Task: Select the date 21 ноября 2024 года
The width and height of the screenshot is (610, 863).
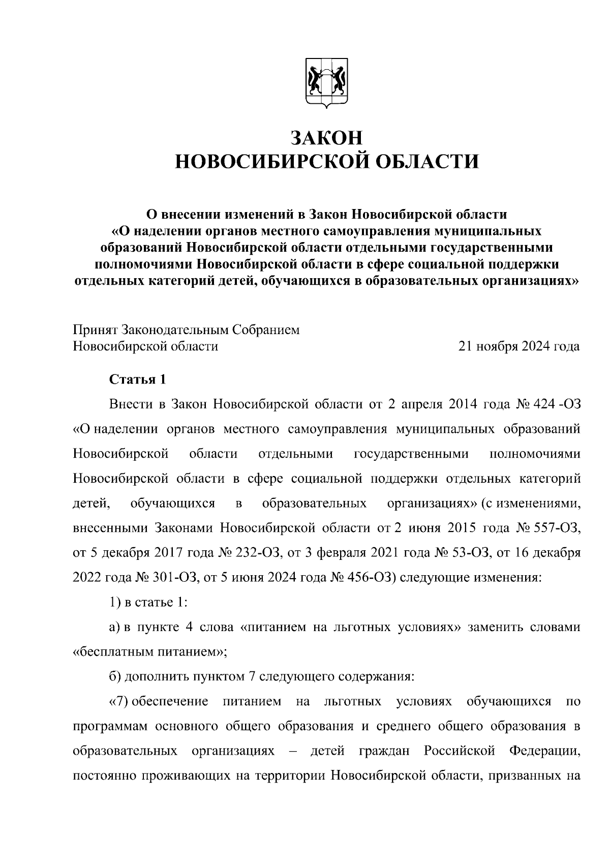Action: pos(519,347)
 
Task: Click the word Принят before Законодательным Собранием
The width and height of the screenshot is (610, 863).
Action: pos(95,330)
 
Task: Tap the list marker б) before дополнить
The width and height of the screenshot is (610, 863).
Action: pos(115,677)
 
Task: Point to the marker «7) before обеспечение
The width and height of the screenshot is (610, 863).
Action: pos(119,702)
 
